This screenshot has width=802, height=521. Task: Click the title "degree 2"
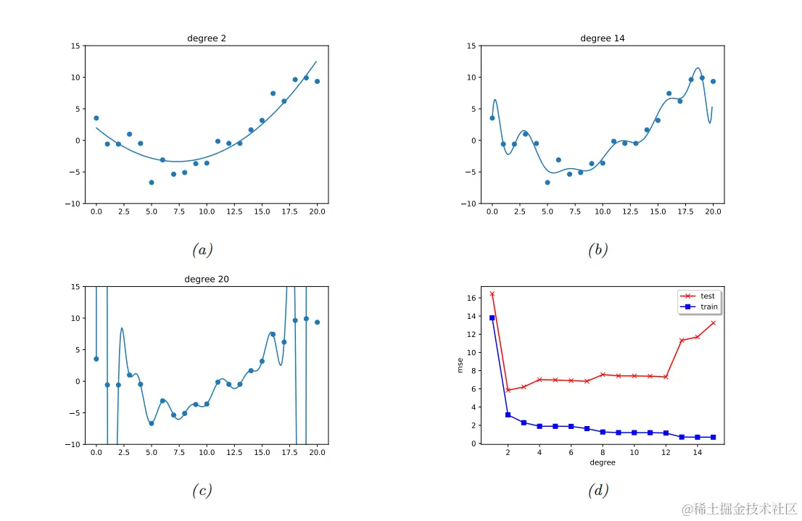coord(206,38)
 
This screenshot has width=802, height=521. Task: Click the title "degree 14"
coord(602,38)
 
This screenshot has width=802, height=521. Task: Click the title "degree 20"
coord(206,279)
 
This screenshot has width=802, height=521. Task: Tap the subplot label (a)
coord(202,251)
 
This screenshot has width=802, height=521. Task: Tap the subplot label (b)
coord(598,251)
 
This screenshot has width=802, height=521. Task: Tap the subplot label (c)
coord(202,491)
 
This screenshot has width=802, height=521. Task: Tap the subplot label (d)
coord(598,491)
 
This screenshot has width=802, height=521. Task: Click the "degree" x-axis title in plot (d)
coord(602,462)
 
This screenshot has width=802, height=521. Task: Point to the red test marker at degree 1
coord(492,293)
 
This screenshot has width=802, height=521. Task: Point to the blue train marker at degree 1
coord(492,317)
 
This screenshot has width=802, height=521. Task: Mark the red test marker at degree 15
coord(714,322)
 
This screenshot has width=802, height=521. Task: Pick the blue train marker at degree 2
coord(508,415)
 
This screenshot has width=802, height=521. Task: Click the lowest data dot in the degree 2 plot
coord(152,183)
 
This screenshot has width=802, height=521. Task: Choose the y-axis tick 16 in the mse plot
coord(471,298)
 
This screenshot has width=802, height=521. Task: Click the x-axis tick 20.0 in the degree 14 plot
coord(714,211)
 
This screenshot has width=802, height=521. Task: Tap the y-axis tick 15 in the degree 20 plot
coord(75,286)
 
